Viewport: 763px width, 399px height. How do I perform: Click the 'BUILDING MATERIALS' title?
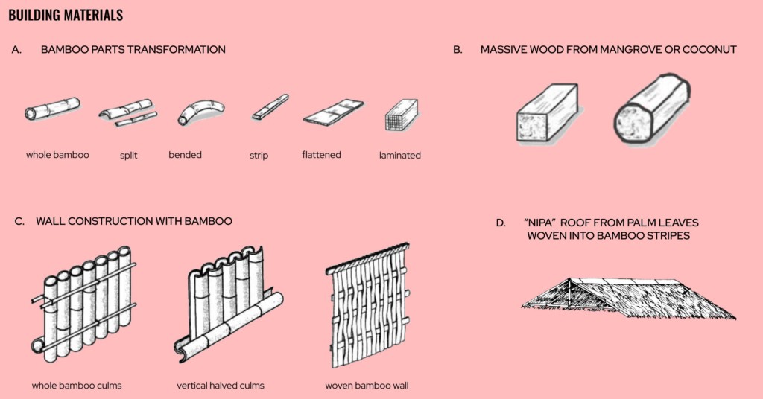[66, 15]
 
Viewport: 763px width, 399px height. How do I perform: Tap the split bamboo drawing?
[127, 112]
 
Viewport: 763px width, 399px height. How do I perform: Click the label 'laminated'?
[400, 156]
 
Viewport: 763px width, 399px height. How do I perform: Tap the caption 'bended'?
[185, 155]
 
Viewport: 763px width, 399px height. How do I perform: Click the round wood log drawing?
[653, 111]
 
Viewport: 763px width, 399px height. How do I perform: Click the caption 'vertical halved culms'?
[221, 386]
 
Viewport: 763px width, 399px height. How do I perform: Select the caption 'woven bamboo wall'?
[367, 386]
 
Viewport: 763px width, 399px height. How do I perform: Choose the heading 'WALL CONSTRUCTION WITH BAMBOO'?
[134, 221]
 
